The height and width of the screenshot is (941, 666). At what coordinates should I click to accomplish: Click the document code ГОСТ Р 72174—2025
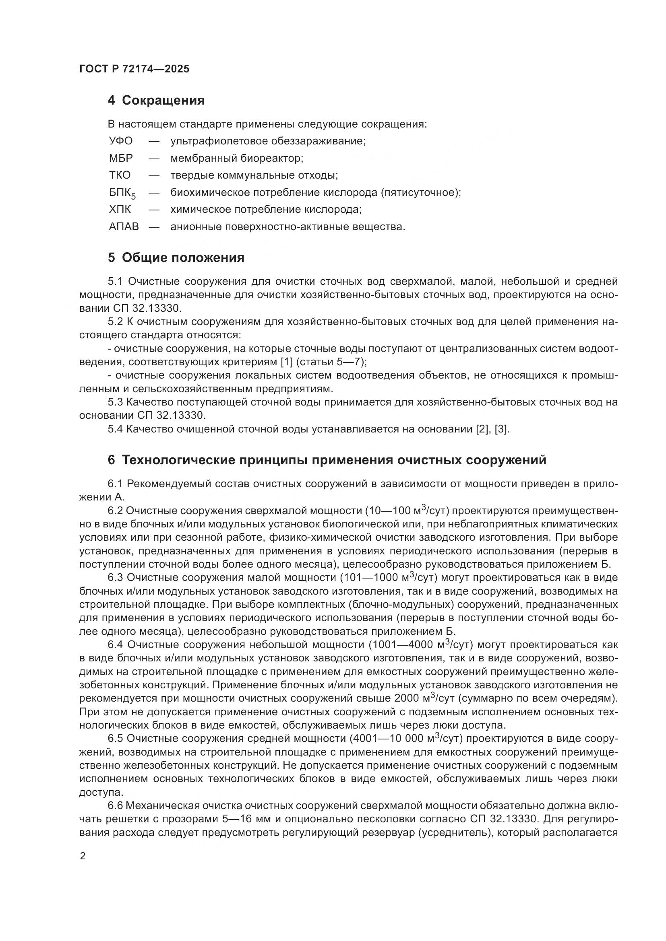[134, 69]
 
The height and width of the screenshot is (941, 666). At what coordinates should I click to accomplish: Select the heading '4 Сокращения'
[156, 101]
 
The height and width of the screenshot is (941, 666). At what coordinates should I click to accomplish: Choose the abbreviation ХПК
[120, 210]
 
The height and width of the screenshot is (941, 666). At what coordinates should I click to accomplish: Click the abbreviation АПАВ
[124, 226]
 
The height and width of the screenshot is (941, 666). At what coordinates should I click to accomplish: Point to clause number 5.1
[115, 282]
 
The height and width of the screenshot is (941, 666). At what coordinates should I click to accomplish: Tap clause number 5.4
[115, 429]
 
